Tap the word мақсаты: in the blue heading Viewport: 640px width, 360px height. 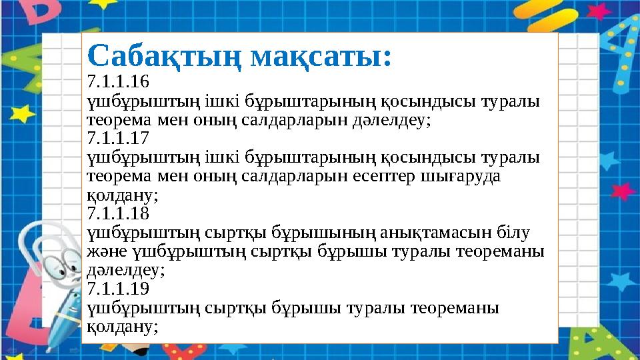[320, 57]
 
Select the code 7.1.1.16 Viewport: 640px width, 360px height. [119, 83]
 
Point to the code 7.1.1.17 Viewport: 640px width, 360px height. [119, 139]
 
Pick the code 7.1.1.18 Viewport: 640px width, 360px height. [119, 214]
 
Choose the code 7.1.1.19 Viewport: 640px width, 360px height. [119, 289]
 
